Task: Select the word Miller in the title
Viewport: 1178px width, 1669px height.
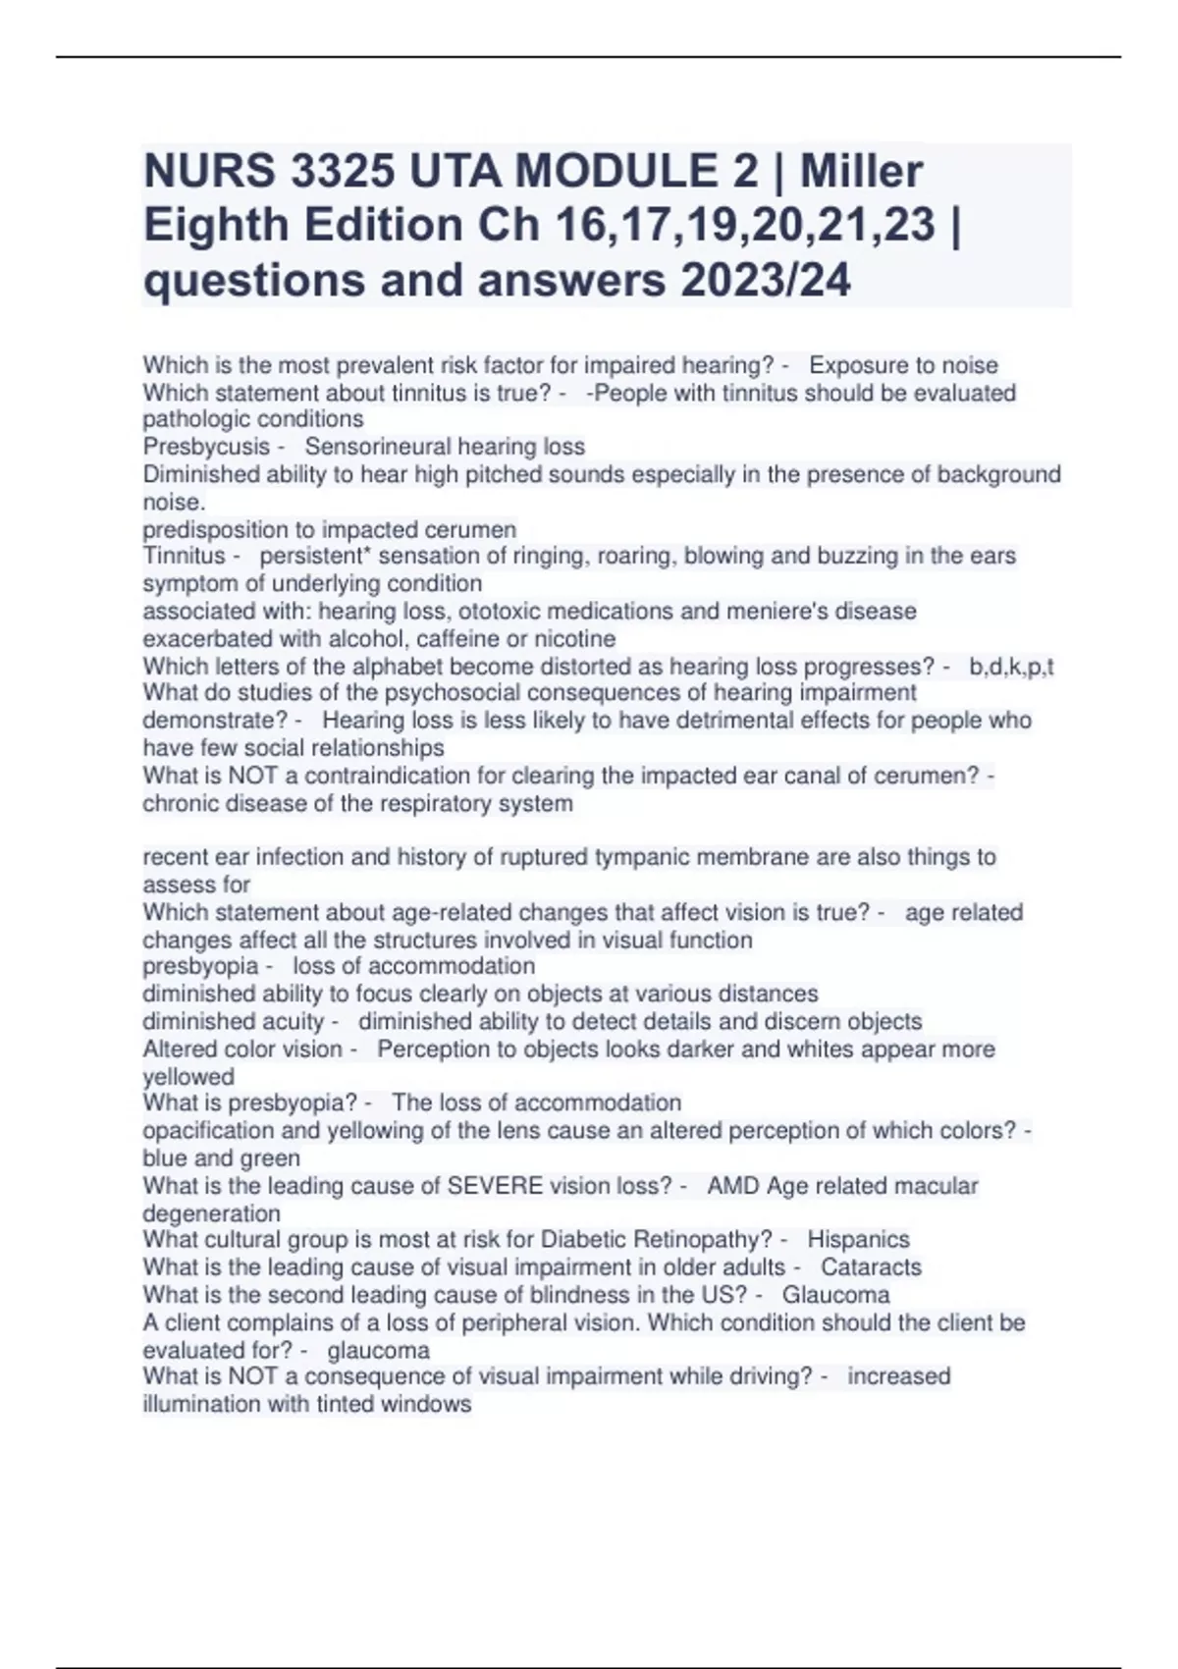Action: (x=861, y=172)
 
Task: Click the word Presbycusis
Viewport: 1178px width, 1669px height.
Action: (x=206, y=447)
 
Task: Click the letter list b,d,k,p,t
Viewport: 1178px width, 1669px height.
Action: (x=1011, y=668)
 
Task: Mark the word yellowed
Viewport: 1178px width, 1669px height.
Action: (x=188, y=1077)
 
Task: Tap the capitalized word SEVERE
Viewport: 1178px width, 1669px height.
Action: (x=495, y=1186)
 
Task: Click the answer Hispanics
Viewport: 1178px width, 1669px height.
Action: (x=858, y=1240)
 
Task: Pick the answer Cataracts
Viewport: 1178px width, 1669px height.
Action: (x=871, y=1267)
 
